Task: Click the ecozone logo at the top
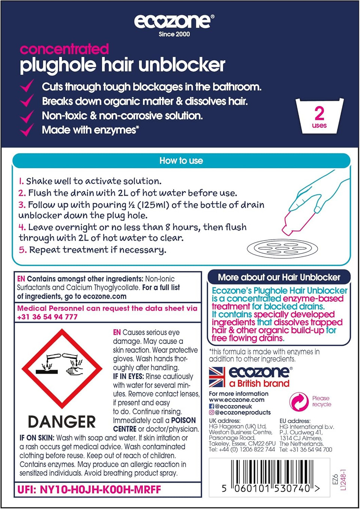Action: (x=174, y=21)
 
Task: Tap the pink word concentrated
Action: (x=64, y=49)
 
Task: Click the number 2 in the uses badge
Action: (x=319, y=113)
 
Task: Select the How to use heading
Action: (x=181, y=161)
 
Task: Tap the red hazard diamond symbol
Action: (x=62, y=368)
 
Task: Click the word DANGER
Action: (x=62, y=422)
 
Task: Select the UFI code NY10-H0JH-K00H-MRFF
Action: (x=89, y=490)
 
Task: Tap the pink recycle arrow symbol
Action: (x=299, y=401)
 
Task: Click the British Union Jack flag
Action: (x=217, y=377)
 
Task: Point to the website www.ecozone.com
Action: (x=237, y=400)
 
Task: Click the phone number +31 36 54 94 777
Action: (x=47, y=317)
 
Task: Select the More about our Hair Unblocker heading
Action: (x=279, y=277)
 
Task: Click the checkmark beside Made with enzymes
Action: (x=27, y=130)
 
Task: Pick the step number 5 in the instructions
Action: (x=22, y=250)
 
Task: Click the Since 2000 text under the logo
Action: (x=174, y=34)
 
